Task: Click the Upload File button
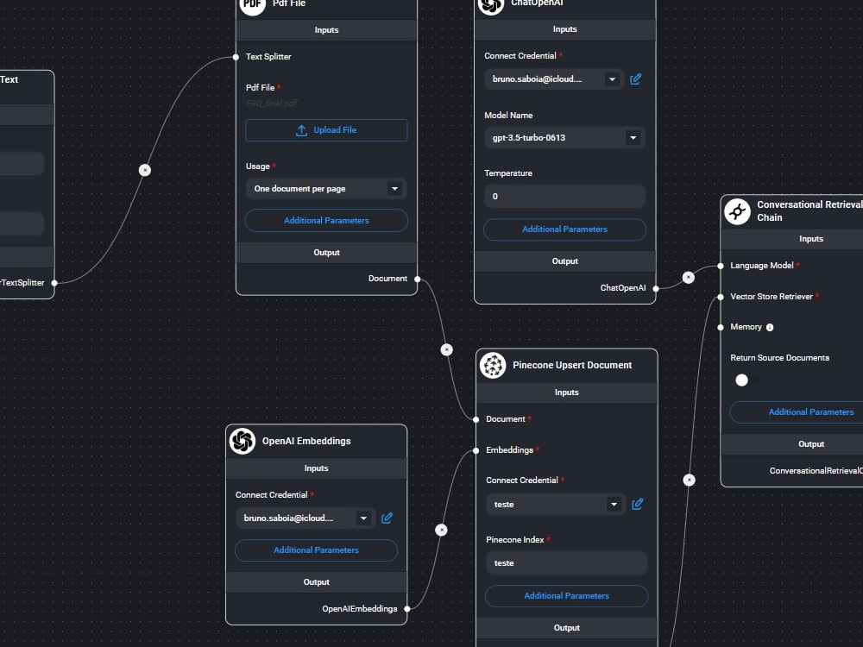326,130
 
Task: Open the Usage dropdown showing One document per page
326,189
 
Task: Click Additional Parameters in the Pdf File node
326,221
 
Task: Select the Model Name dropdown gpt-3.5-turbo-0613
564,138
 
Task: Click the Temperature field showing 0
564,197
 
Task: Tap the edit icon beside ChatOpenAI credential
636,79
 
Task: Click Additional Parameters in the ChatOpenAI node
564,229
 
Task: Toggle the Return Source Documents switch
741,380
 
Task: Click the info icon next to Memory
770,328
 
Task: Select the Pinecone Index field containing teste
566,563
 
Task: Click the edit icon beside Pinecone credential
638,505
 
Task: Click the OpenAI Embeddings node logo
243,441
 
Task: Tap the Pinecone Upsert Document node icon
493,365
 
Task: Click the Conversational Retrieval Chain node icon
737,211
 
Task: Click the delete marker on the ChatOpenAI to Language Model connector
688,278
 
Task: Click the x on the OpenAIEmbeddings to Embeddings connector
441,530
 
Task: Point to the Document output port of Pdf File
417,279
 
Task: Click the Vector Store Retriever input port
721,297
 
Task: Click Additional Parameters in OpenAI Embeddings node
316,550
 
